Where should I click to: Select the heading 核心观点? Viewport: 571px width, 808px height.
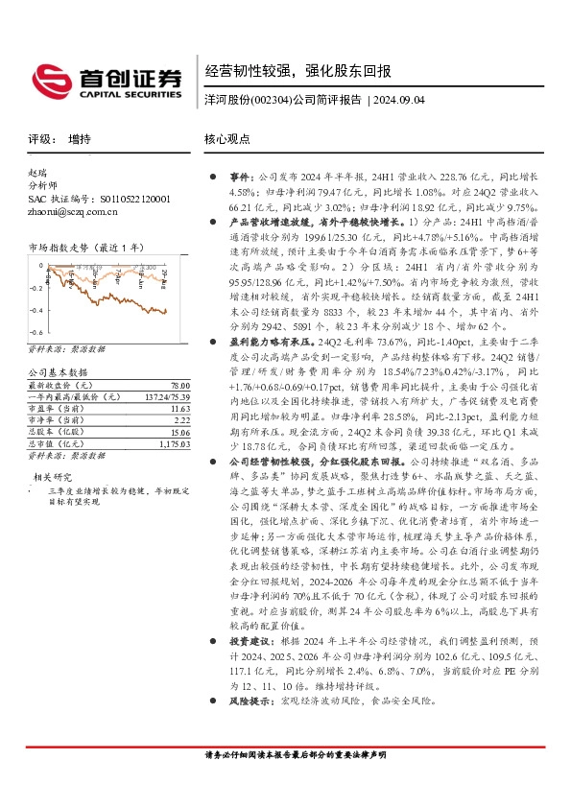coord(227,138)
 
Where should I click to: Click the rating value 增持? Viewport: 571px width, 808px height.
coord(80,138)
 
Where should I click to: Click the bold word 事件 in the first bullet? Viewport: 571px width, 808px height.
coord(239,178)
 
